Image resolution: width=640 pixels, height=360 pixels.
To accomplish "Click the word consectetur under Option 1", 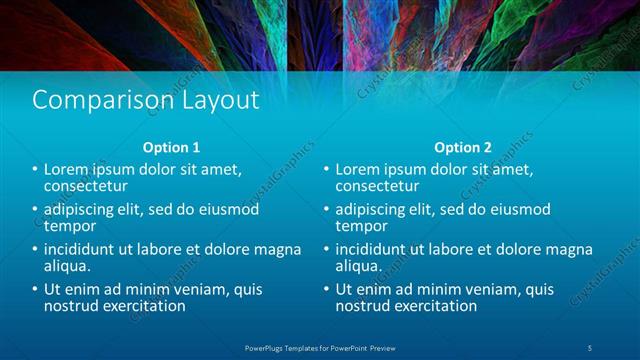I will (x=86, y=185).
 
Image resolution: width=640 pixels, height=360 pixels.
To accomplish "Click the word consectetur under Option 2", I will (x=377, y=185).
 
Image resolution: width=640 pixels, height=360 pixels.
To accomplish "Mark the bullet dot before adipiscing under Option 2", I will (x=327, y=210).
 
